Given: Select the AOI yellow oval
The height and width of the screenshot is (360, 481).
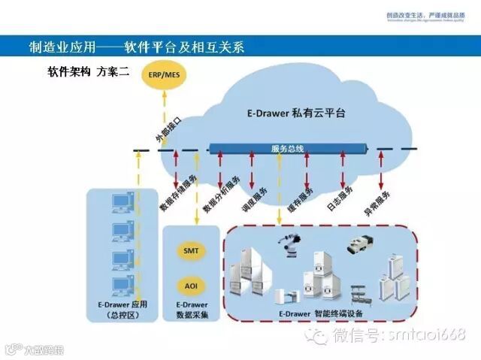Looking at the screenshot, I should click(191, 286).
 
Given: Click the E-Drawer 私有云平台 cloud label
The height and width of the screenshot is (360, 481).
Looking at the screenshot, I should click(296, 113).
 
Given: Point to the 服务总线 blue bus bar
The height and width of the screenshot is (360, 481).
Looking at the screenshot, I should click(289, 149).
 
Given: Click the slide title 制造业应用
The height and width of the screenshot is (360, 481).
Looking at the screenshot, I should click(135, 47).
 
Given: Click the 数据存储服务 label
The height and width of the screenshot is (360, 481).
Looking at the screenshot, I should click(178, 194).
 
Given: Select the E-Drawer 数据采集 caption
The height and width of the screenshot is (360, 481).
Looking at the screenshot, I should click(191, 310).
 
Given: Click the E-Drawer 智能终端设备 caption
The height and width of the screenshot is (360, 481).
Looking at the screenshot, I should click(324, 312).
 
